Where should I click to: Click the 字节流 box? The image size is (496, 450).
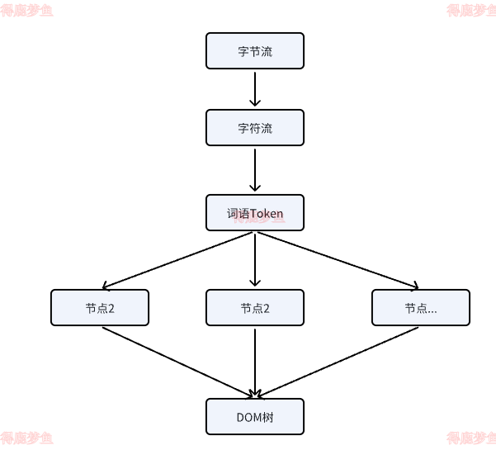click(x=255, y=51)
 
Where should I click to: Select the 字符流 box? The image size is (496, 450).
click(x=255, y=128)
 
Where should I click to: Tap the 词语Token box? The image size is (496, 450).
click(x=255, y=213)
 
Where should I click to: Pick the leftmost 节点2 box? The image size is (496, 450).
click(x=100, y=308)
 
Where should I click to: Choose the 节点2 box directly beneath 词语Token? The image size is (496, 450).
click(x=255, y=308)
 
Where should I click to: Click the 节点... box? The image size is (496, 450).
click(x=420, y=308)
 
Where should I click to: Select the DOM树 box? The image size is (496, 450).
click(x=255, y=417)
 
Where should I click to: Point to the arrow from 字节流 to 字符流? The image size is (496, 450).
click(x=255, y=89)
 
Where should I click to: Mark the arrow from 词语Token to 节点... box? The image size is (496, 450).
click(x=338, y=261)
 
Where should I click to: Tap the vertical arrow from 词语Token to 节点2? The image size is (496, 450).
click(x=255, y=260)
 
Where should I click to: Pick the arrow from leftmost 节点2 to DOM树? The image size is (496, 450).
click(x=177, y=362)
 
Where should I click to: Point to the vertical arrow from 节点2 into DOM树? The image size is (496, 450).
click(x=255, y=362)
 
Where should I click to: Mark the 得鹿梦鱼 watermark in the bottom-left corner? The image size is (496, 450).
click(x=26, y=438)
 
